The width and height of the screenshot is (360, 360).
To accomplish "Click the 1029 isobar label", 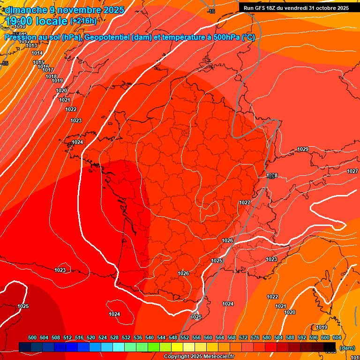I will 303,150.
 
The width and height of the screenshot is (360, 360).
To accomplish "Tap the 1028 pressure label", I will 272,176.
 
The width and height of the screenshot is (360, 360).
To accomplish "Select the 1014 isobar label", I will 37,53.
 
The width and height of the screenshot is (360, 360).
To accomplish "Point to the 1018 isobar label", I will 51,76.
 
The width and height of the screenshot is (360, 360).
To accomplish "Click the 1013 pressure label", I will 31,45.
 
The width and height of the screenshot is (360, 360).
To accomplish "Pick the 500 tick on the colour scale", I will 32,337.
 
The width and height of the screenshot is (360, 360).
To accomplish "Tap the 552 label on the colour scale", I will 185,337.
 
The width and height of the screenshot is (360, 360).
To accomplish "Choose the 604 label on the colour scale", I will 337,337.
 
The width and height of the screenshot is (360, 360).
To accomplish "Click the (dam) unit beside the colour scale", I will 347,348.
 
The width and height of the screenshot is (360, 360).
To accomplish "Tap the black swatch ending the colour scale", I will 330,347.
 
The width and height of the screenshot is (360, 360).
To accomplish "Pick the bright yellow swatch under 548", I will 177,347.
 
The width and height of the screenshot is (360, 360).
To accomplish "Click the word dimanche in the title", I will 25,10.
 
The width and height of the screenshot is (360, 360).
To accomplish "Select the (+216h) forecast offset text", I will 83,21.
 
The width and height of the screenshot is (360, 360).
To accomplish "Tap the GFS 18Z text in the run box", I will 266,7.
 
